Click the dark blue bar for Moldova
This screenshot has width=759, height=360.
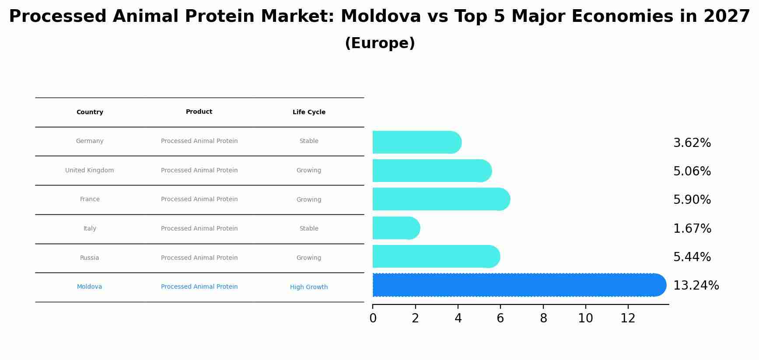(x=519, y=285)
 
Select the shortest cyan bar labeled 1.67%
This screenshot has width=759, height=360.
(x=396, y=228)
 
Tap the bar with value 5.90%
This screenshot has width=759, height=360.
(x=441, y=199)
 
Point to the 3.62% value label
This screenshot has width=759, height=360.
(x=692, y=143)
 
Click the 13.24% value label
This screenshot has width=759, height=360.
(x=696, y=286)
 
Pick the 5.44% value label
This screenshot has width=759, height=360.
(x=692, y=257)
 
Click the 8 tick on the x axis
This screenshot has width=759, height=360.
(x=543, y=318)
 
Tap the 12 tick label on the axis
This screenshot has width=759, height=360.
(x=628, y=318)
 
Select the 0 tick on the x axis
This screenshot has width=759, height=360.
(x=373, y=318)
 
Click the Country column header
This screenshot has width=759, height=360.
(x=90, y=112)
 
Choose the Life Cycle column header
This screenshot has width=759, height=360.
(x=309, y=112)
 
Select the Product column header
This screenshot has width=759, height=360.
(x=199, y=112)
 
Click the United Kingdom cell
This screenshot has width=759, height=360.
(x=90, y=171)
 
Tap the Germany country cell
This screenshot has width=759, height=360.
(x=90, y=141)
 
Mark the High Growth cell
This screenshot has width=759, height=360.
(x=309, y=287)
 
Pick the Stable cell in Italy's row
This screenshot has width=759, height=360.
(x=309, y=229)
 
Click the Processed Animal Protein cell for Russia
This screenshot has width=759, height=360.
(x=199, y=258)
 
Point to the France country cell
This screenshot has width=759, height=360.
(x=90, y=199)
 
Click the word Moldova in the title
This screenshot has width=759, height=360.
(x=381, y=17)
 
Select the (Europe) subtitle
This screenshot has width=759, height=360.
(x=380, y=43)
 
